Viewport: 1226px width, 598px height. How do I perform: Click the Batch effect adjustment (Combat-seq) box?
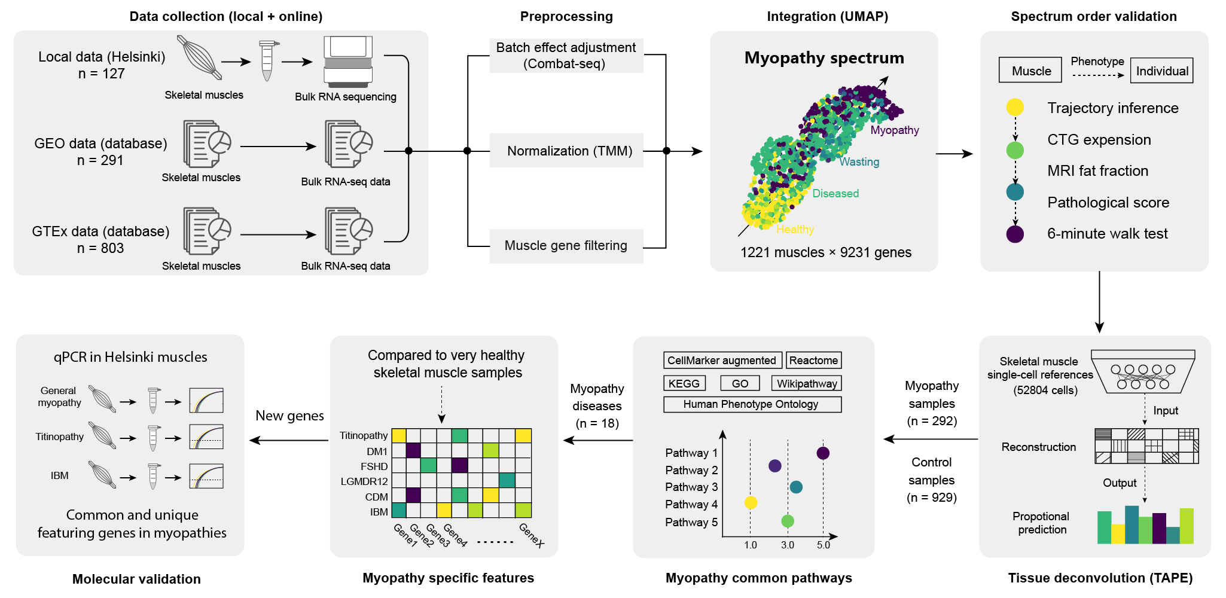[x=566, y=56]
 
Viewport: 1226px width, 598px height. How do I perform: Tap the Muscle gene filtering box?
[x=566, y=246]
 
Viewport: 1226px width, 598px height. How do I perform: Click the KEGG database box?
[x=684, y=383]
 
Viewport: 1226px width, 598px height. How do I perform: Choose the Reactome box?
[x=813, y=360]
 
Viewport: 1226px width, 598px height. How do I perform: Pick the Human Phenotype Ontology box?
[x=752, y=404]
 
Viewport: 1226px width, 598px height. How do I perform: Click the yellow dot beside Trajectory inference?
[x=1015, y=108]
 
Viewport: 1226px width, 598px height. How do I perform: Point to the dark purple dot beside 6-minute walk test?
[x=1015, y=234]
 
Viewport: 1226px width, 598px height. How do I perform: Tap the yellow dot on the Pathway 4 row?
[x=751, y=503]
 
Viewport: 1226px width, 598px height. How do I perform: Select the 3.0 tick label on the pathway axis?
[x=787, y=545]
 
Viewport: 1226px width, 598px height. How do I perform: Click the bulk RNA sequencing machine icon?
[x=347, y=62]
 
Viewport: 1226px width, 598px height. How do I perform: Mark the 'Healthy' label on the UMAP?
[x=795, y=230]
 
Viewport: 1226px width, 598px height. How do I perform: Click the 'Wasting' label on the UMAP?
[x=859, y=162]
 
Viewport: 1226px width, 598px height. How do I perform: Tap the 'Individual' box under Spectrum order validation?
[x=1161, y=71]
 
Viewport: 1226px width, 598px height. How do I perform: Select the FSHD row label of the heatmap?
[x=374, y=466]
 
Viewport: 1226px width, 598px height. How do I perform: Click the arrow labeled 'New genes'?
[x=289, y=441]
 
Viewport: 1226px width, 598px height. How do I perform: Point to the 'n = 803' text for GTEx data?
[x=100, y=248]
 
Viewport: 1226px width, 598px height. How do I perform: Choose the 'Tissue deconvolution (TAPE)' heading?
[x=1100, y=578]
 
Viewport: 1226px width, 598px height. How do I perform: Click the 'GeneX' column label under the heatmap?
[x=531, y=536]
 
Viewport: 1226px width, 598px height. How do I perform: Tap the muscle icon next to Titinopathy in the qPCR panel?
[x=102, y=435]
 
